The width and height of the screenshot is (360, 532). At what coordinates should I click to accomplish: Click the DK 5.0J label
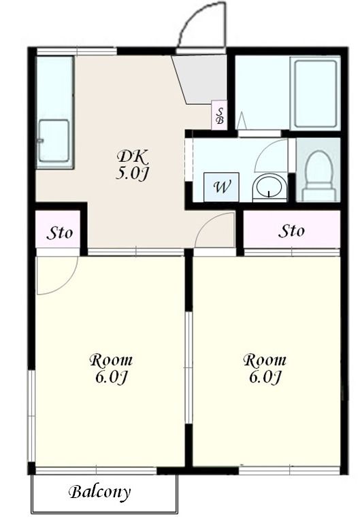tap(132, 165)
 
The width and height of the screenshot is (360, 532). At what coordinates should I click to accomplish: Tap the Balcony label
tap(100, 492)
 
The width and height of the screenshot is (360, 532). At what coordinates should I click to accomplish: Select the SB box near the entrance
tap(220, 115)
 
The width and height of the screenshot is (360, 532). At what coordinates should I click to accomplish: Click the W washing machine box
tap(221, 187)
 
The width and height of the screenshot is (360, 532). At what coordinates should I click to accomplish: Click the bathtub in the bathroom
tap(315, 93)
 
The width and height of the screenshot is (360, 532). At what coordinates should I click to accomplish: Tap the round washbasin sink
tap(269, 186)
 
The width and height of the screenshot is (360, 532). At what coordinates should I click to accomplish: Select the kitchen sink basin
tap(54, 141)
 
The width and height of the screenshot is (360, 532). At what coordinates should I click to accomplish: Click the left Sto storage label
tap(59, 233)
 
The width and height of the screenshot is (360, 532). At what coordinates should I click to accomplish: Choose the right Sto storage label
tap(291, 231)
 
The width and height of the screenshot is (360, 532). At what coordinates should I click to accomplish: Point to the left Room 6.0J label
tap(111, 369)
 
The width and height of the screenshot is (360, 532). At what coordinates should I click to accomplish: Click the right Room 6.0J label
tap(265, 369)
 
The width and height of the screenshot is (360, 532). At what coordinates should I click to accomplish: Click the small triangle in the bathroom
tap(242, 120)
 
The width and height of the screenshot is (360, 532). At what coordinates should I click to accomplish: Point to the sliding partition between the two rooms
tap(188, 367)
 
